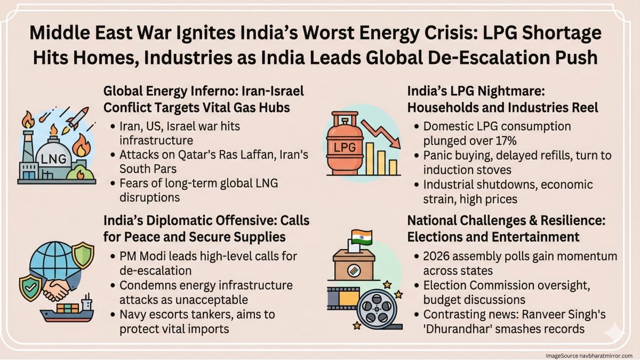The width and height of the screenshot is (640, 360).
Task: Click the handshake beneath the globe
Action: tap(57, 287)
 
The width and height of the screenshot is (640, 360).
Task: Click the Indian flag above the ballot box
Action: tap(360, 236)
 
